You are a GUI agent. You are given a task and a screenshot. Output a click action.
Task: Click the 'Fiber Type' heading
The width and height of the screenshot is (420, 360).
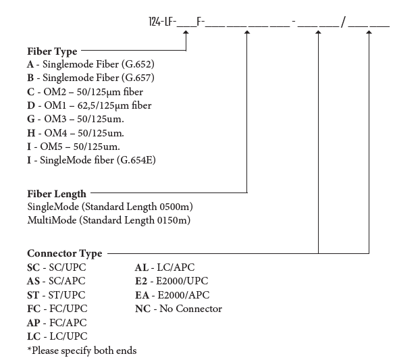(52, 51)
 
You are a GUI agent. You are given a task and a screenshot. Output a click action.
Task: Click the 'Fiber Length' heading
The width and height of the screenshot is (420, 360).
(57, 194)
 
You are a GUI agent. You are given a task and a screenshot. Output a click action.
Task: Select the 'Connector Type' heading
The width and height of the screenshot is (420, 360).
(65, 253)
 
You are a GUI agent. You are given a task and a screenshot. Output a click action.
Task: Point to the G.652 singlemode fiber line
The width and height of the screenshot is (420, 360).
(90, 64)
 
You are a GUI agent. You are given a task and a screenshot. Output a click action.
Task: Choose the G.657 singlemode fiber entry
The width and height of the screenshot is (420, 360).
(90, 78)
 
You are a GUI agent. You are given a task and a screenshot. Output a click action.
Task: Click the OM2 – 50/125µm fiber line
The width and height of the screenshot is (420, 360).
(85, 91)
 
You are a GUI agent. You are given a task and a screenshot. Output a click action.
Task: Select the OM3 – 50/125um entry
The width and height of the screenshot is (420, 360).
(75, 119)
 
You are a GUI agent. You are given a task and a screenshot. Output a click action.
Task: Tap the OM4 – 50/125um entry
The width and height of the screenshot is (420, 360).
(75, 133)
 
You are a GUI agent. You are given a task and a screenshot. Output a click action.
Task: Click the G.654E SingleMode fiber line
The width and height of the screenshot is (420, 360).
(92, 160)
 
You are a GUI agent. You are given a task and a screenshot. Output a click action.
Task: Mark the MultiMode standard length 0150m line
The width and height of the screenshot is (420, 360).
(109, 220)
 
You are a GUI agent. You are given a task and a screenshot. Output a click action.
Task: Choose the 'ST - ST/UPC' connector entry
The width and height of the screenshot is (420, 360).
(57, 295)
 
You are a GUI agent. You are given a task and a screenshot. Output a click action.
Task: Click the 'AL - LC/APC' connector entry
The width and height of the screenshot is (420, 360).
(165, 267)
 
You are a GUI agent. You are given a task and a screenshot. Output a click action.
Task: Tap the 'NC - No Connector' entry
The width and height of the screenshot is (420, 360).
(178, 309)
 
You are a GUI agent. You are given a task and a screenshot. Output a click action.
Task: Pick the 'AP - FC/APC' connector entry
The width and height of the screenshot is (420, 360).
(57, 323)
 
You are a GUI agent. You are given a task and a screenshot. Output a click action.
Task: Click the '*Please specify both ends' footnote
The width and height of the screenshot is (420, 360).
(82, 350)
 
